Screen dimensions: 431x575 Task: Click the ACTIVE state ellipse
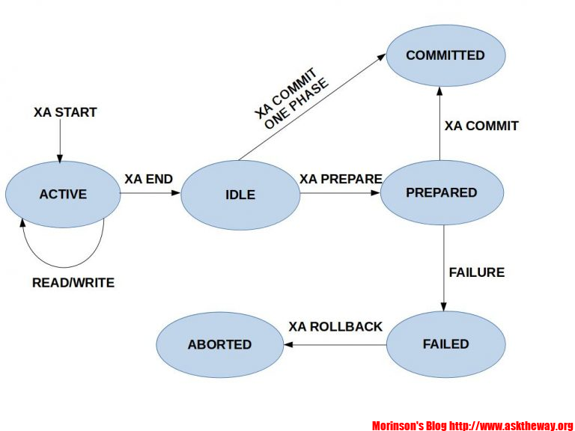tap(63, 194)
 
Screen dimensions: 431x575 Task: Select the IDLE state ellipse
tap(240, 195)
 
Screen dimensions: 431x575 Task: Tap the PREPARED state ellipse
tap(441, 192)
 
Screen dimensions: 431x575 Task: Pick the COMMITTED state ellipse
tap(445, 55)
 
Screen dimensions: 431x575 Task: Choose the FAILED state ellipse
tap(445, 344)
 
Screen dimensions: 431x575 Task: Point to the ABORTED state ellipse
tap(219, 344)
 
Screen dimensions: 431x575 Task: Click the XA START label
tap(65, 112)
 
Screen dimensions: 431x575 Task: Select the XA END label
tap(148, 179)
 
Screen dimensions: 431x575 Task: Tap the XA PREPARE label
tap(341, 179)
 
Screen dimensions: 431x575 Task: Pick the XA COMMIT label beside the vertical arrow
tap(481, 126)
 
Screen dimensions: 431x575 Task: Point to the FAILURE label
tap(476, 272)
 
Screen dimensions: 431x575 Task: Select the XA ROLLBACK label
tap(335, 327)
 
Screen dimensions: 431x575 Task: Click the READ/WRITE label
tap(73, 283)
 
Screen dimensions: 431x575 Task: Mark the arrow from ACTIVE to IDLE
tap(150, 194)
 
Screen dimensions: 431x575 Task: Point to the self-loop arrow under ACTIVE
tap(64, 262)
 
